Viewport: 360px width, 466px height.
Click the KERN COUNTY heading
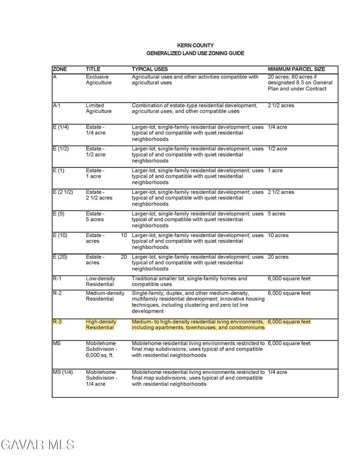coord(195,45)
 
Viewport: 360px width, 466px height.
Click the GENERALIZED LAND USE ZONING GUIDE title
coord(195,53)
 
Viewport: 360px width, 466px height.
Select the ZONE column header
coord(60,69)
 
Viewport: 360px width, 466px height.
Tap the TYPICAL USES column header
coord(150,69)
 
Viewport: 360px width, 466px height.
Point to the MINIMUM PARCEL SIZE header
coord(296,69)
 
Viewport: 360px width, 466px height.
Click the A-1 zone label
coord(57,105)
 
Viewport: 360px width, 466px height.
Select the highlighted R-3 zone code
coord(58,321)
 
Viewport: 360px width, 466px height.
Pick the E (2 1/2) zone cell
coord(63,192)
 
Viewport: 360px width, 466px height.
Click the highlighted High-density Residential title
coord(101,325)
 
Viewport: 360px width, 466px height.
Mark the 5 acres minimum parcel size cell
coord(276,214)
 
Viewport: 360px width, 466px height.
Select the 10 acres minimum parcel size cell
coord(278,235)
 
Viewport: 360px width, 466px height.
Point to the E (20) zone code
coord(60,257)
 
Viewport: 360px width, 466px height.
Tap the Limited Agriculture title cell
coord(99,108)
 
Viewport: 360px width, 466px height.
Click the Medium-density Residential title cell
coord(105,296)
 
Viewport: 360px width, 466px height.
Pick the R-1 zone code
coord(57,279)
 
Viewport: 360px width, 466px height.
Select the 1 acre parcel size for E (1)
coord(275,171)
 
